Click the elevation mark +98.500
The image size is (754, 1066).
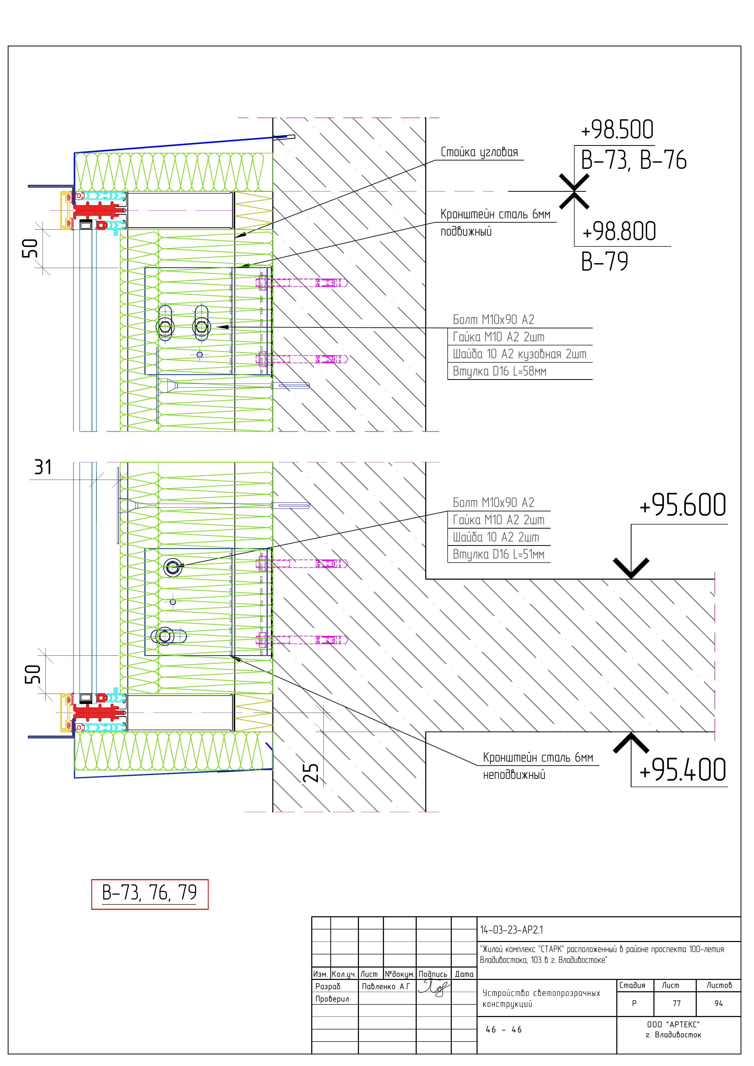click(617, 130)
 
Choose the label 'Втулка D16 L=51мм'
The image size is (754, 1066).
click(498, 554)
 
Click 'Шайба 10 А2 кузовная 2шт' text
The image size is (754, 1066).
click(519, 354)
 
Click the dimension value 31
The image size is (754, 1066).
click(43, 467)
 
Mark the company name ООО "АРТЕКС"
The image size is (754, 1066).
click(673, 1024)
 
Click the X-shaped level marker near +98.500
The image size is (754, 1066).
click(574, 191)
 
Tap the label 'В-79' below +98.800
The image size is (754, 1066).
click(604, 262)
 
